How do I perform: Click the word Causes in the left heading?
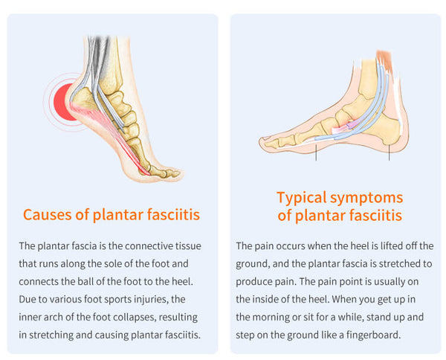point(47,214)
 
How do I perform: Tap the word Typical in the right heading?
point(301,198)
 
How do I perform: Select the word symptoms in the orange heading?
point(366,199)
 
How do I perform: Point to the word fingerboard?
point(373,335)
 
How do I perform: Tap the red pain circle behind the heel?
point(63,102)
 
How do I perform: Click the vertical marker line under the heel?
point(389,152)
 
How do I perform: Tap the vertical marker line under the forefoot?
point(316,152)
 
